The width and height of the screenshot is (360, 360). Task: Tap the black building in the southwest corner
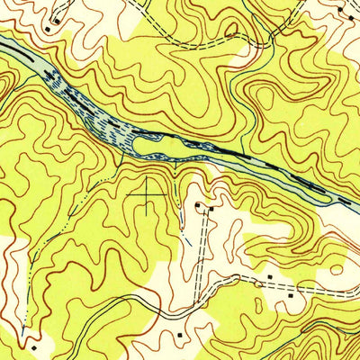[x=32, y=345]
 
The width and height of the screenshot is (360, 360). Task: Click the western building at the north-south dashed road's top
[x=199, y=206]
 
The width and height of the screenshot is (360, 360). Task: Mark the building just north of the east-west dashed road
[x=271, y=276]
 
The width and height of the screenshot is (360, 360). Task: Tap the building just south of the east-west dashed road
[x=291, y=294]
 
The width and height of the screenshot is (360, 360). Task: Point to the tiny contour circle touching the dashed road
[x=259, y=284]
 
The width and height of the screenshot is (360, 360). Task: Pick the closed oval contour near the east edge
[x=337, y=267]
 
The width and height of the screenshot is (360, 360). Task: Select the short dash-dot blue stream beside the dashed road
[x=188, y=239]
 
